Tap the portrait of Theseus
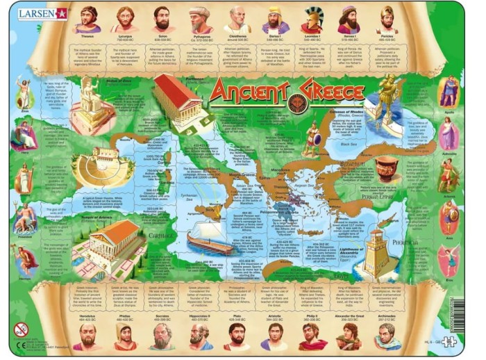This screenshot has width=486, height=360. coord(87,19)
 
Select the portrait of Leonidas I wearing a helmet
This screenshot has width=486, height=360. coord(312,19)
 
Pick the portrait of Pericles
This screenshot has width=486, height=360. coord(386,19)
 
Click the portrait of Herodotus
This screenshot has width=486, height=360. coord(87,335)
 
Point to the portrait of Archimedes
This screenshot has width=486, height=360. coord(386,335)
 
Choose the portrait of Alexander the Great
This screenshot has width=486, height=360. coord(349,335)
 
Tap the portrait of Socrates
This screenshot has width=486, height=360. coord(162,335)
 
